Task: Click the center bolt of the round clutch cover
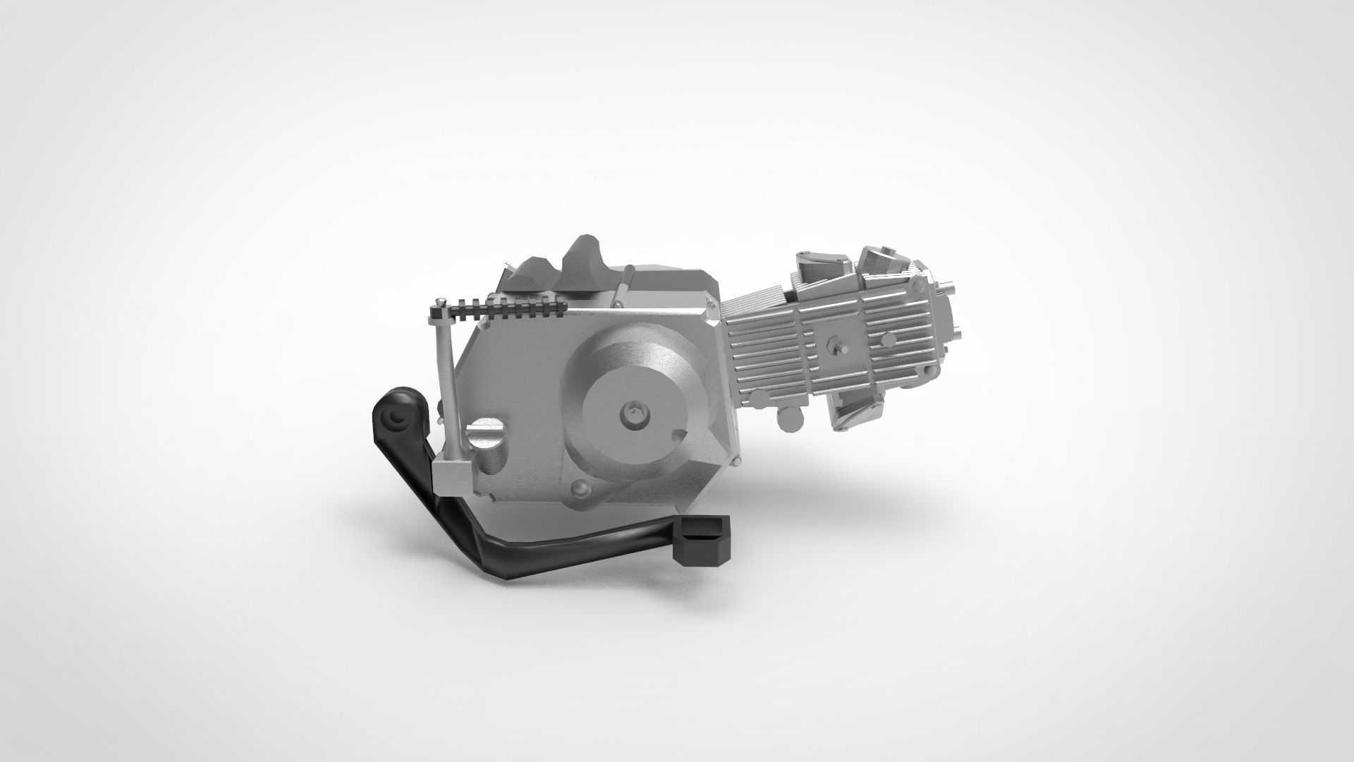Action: click(635, 415)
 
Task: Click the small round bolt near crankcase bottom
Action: click(580, 488)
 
